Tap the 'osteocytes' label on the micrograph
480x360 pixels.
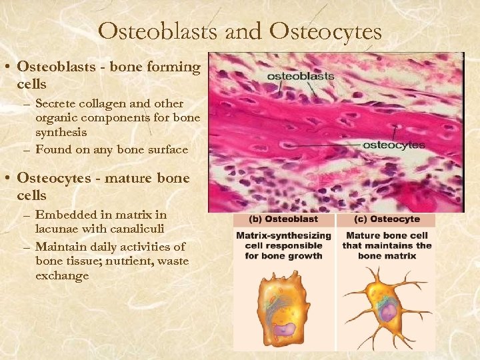(393, 145)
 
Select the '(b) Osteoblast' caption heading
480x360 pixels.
(283, 219)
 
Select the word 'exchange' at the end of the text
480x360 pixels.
(62, 275)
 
